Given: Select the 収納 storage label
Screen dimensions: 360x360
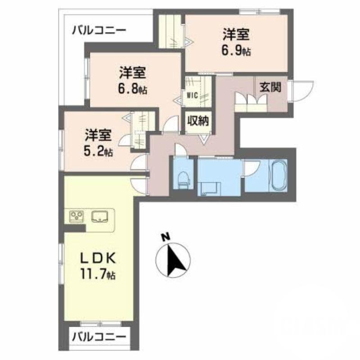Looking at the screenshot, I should tap(198, 121).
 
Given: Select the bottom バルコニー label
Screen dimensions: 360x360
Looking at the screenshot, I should tap(99, 336).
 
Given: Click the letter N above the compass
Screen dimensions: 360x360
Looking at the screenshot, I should tap(166, 236).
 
